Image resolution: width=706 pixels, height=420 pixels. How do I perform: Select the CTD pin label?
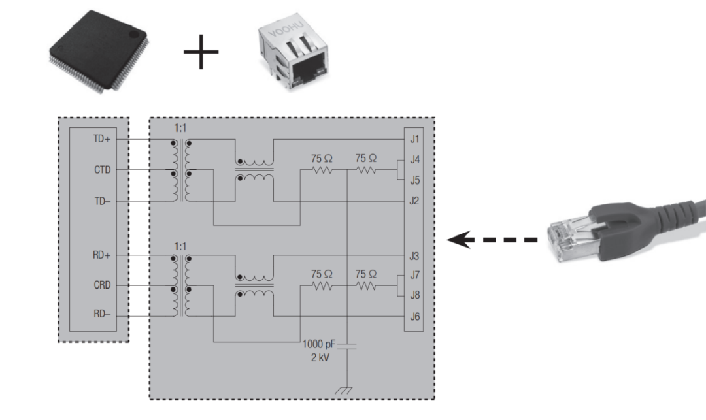pos(102,170)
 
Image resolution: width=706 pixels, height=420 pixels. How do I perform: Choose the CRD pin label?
pos(102,286)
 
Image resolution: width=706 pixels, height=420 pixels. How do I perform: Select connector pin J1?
pos(414,139)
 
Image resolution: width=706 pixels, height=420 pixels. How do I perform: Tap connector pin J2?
pos(414,201)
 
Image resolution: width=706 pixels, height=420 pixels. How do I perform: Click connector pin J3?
pos(414,255)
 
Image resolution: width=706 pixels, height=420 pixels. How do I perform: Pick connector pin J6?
pos(414,317)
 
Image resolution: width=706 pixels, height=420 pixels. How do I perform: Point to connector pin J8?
pos(414,295)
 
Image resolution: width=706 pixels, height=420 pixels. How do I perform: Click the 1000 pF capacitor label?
pos(318,344)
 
